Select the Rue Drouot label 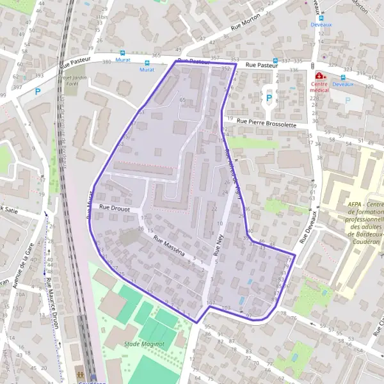coord(115,208)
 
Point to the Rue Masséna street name coord(169,245)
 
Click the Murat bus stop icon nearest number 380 coord(122,54)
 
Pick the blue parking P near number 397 coord(38,92)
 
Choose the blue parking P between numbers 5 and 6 coord(269,98)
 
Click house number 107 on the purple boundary coord(210,302)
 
